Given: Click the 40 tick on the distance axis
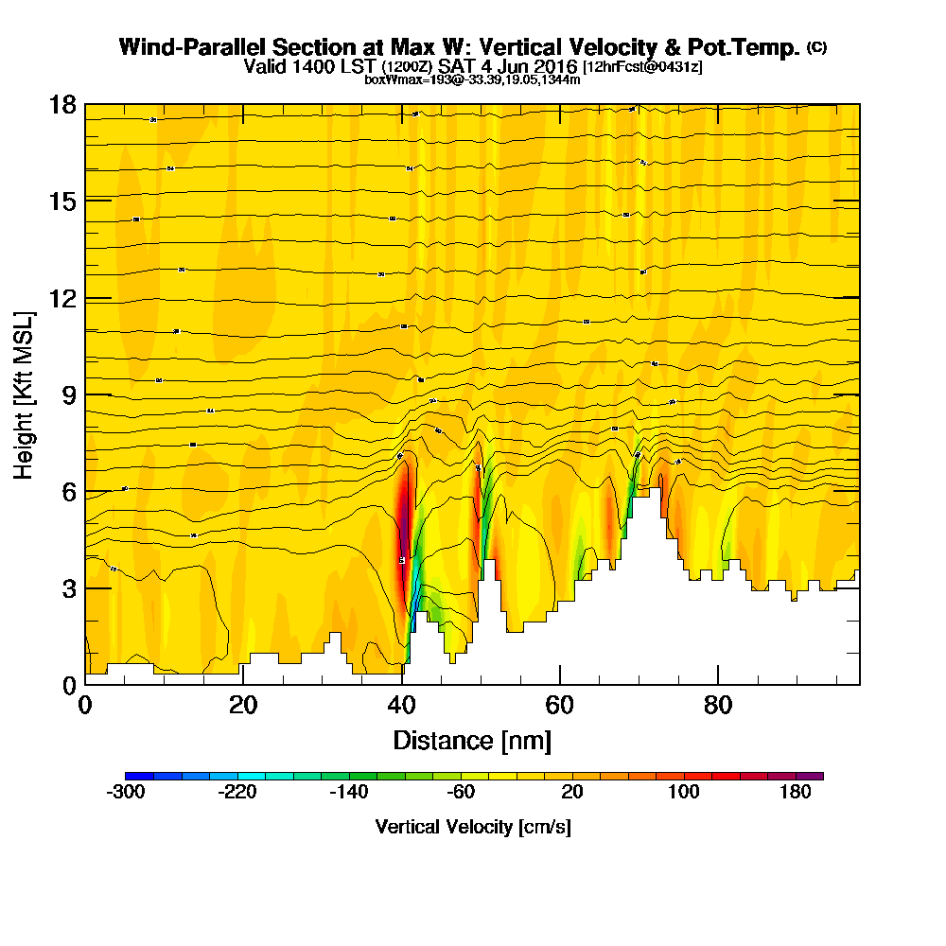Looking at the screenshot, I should pyautogui.click(x=402, y=705).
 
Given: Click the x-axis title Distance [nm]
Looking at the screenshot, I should pyautogui.click(x=472, y=739).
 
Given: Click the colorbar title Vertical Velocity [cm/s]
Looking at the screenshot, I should pyautogui.click(x=472, y=827).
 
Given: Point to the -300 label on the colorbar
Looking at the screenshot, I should pyautogui.click(x=126, y=793).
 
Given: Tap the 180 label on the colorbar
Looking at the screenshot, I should pyautogui.click(x=796, y=793).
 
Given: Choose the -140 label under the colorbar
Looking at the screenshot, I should pyautogui.click(x=349, y=793).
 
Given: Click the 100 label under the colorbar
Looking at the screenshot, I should pyautogui.click(x=684, y=793).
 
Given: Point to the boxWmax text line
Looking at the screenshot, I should pyautogui.click(x=472, y=79).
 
